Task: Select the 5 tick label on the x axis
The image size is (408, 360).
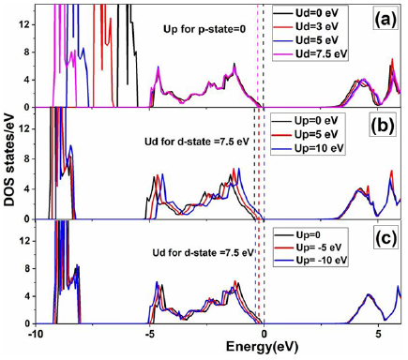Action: coord(378,335)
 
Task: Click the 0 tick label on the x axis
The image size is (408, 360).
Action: coord(264,335)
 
